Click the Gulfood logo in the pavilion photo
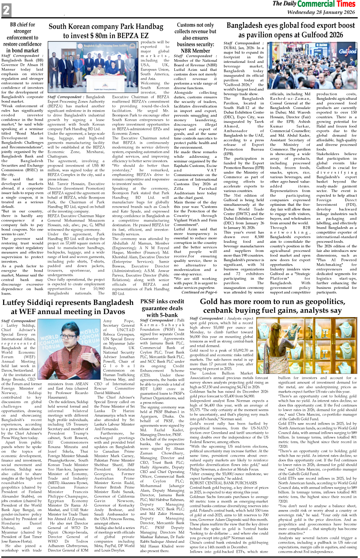(x=347, y=51)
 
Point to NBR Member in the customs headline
(x=195, y=51)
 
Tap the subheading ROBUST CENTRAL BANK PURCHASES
(x=218, y=483)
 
